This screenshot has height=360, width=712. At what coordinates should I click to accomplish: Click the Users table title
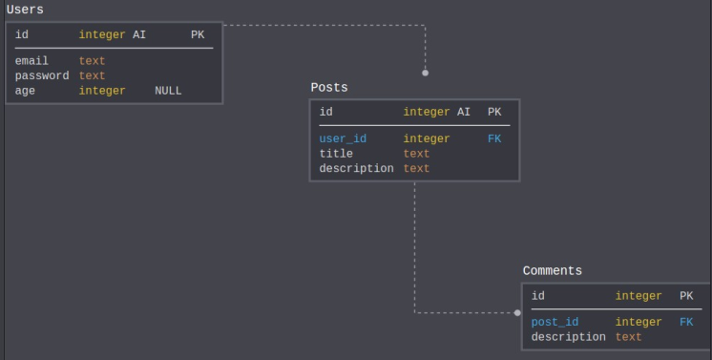tap(25, 10)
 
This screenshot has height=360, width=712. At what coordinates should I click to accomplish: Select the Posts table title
tap(329, 87)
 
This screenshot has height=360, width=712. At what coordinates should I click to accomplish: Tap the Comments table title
tap(552, 270)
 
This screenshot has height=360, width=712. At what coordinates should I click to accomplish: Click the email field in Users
tap(31, 61)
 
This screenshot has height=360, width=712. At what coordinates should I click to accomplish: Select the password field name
tap(42, 75)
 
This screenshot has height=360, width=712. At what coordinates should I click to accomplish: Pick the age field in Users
tap(25, 91)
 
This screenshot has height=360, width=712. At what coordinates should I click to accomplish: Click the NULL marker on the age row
tap(168, 91)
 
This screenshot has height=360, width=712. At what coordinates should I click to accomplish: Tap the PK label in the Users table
tap(198, 34)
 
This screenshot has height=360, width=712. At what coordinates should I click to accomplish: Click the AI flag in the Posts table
tap(464, 112)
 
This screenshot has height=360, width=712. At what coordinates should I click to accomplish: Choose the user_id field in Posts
tap(343, 138)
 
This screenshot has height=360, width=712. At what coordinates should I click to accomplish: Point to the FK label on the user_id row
tap(494, 138)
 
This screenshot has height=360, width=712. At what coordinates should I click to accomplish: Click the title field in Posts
tap(336, 153)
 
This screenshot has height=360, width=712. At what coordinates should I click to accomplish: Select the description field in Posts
tap(356, 168)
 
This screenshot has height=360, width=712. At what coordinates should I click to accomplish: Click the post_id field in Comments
tap(555, 322)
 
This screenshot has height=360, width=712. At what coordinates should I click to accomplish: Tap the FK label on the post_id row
tap(686, 322)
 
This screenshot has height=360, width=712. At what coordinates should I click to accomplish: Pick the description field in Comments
tap(568, 337)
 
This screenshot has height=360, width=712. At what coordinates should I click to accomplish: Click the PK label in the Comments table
tap(686, 296)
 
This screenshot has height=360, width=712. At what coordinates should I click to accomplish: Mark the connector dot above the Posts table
tap(426, 73)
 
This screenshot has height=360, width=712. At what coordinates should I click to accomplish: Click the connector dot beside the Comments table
tap(517, 312)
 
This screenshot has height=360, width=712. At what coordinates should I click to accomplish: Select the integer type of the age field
tap(102, 91)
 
